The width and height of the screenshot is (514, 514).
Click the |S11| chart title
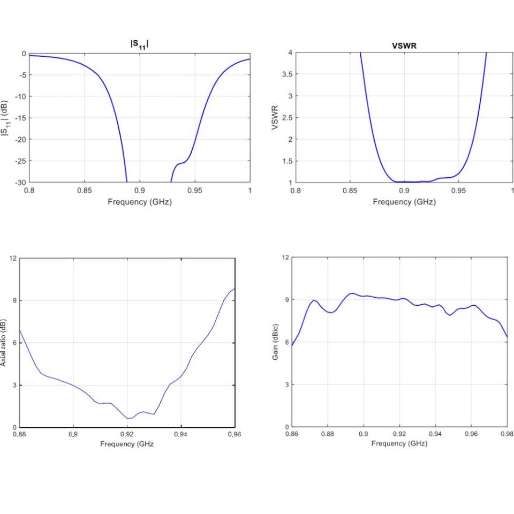click(x=139, y=45)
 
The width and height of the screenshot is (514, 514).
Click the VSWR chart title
click(x=404, y=46)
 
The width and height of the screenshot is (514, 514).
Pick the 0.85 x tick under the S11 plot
click(x=84, y=190)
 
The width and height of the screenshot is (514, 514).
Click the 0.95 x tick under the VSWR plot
click(x=458, y=190)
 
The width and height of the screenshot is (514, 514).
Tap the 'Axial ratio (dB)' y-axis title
click(x=4, y=343)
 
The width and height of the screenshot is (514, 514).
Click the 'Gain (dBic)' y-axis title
click(x=275, y=342)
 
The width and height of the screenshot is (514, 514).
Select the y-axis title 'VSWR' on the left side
click(x=275, y=117)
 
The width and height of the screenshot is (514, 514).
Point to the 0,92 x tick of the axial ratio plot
click(x=127, y=434)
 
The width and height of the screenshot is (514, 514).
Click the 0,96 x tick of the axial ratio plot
click(x=235, y=434)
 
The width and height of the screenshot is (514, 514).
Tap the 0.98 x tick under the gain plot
click(x=507, y=434)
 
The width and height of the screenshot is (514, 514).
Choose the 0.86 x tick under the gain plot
click(x=292, y=434)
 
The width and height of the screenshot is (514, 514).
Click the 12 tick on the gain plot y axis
click(x=286, y=258)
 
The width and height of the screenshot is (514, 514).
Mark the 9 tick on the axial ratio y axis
click(x=14, y=300)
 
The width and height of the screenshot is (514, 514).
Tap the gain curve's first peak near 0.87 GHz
click(x=314, y=300)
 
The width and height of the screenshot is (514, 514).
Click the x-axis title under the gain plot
click(x=399, y=444)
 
